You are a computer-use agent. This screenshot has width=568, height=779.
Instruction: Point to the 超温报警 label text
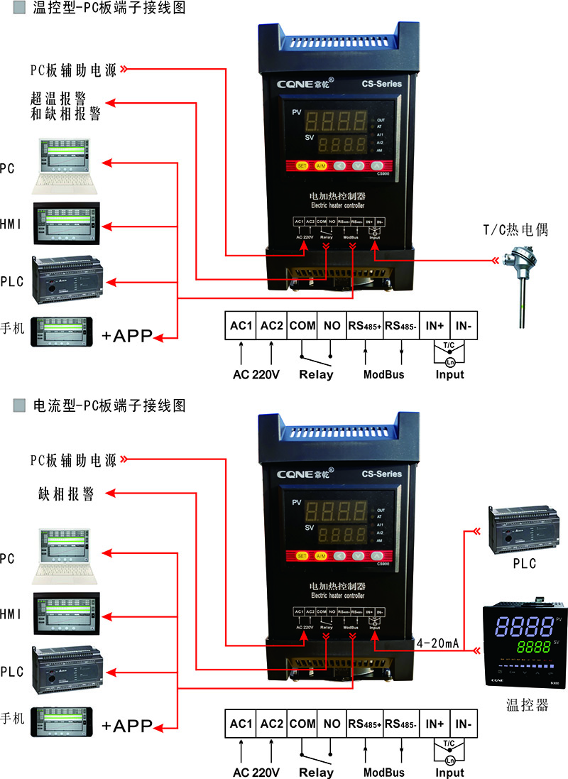[65, 99]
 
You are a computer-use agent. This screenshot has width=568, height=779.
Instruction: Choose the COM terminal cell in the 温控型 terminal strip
[302, 326]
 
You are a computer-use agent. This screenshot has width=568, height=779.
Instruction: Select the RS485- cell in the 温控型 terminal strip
[400, 326]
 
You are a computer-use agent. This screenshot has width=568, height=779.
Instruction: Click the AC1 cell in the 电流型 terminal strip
[241, 724]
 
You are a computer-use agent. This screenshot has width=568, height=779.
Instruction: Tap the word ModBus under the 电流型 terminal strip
[384, 773]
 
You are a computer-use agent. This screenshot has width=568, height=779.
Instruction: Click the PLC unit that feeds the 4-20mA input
[518, 529]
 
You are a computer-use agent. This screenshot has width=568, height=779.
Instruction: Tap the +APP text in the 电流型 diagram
[128, 726]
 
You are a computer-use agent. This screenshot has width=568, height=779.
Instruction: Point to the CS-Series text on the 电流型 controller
[381, 474]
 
